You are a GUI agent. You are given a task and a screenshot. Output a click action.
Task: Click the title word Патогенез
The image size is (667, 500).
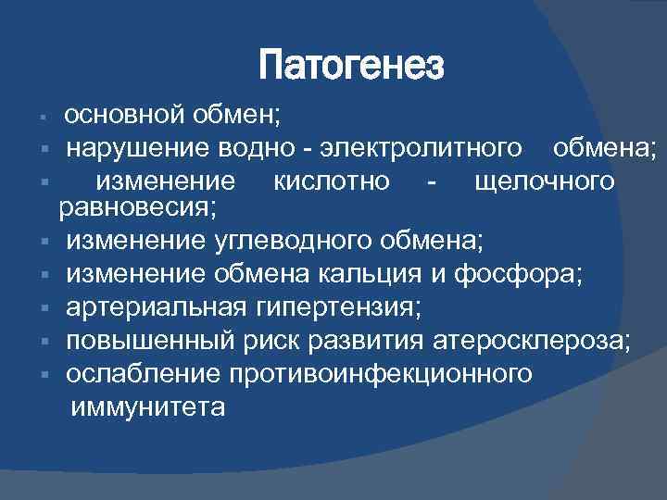point(352,67)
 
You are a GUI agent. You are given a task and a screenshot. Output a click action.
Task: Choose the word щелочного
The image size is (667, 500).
point(543,180)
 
